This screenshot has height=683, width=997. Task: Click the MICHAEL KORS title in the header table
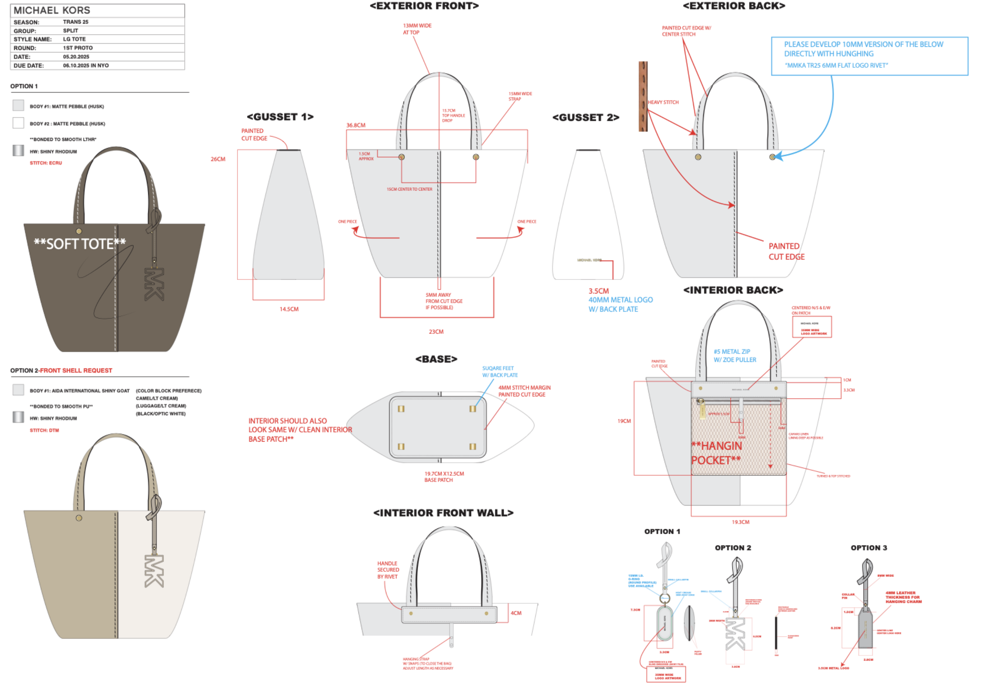52,10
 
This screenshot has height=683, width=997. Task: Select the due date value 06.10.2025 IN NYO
86,66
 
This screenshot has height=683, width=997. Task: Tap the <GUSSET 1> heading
280,117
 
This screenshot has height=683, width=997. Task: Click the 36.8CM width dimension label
356,125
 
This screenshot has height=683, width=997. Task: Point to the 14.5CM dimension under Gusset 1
289,309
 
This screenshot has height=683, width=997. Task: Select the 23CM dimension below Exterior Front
436,331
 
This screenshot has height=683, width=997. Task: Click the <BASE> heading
436,359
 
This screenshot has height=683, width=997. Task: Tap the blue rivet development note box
869,56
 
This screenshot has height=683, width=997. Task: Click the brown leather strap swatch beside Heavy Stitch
643,96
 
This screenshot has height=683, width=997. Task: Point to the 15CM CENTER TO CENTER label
409,189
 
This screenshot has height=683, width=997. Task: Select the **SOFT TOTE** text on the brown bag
80,244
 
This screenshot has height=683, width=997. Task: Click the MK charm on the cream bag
155,571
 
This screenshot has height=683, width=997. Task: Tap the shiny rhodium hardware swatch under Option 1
18,150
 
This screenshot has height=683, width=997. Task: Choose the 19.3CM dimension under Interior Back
740,522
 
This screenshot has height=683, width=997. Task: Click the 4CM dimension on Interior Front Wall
516,613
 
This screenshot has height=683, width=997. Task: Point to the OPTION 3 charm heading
869,548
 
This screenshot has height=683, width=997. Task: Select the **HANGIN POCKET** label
716,453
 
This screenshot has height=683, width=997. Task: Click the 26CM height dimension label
218,159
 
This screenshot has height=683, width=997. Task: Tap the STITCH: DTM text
44,430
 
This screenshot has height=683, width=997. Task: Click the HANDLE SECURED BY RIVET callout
388,570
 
